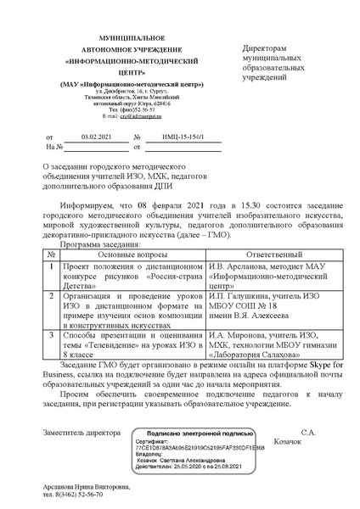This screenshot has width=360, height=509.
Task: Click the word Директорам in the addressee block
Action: [266, 50]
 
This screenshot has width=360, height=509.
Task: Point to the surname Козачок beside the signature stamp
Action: [307, 443]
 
